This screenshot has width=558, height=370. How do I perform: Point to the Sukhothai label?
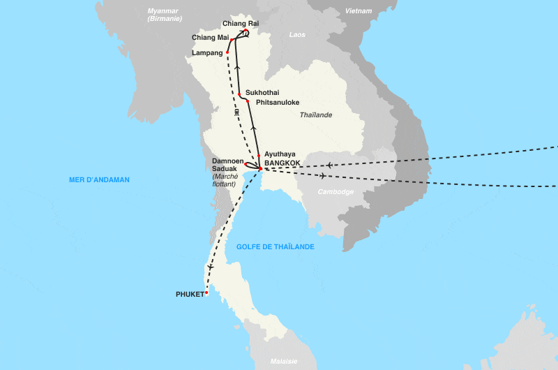click(x=262, y=92)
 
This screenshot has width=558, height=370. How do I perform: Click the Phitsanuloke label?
click(x=278, y=103)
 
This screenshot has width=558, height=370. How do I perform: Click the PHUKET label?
click(x=189, y=294)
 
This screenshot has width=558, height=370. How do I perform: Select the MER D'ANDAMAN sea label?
click(x=99, y=180)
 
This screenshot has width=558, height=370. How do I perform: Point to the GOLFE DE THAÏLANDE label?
click(x=275, y=247)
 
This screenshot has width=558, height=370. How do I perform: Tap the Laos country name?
click(x=297, y=34)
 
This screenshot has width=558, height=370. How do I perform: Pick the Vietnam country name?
click(x=359, y=11)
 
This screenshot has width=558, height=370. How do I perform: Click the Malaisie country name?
click(x=284, y=361)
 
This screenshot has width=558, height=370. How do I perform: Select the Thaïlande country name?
click(x=316, y=115)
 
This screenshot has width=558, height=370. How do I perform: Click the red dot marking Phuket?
click(x=206, y=293)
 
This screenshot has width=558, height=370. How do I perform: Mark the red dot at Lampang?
click(x=228, y=52)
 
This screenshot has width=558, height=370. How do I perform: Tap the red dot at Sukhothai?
click(x=239, y=94)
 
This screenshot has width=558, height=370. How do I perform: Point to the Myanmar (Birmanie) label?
click(x=165, y=15)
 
